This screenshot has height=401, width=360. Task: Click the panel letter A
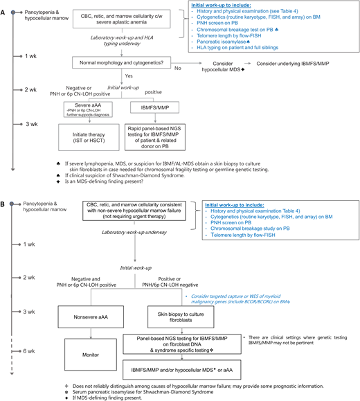pyautogui.click(x=5, y=6)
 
